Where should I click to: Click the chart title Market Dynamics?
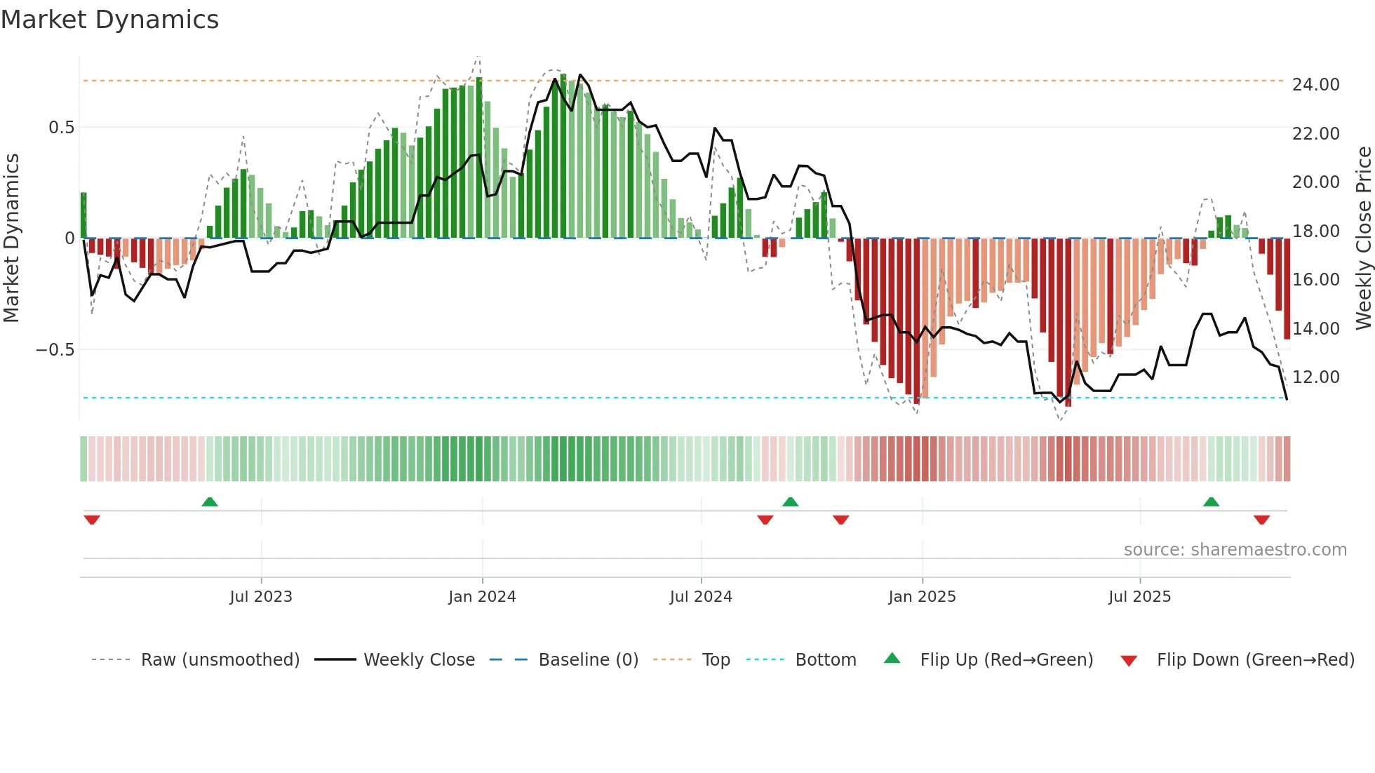tap(110, 20)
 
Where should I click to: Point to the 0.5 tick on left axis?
tap(62, 128)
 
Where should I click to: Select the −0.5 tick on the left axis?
tap(55, 350)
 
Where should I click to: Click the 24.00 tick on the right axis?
tap(1315, 85)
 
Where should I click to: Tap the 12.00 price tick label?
tap(1315, 377)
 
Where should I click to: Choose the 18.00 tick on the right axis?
tap(1315, 231)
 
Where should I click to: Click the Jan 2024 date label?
tap(482, 597)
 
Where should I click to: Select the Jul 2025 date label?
tap(1139, 597)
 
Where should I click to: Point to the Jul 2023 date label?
tap(261, 597)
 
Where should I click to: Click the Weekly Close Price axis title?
tap(1363, 238)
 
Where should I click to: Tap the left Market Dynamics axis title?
tap(11, 238)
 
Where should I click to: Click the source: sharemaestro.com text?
tap(1235, 550)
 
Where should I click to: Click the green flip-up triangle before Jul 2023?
tap(210, 502)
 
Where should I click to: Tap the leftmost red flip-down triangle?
tap(92, 520)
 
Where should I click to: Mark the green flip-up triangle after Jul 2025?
tap(1211, 502)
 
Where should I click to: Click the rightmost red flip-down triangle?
tap(1261, 520)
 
